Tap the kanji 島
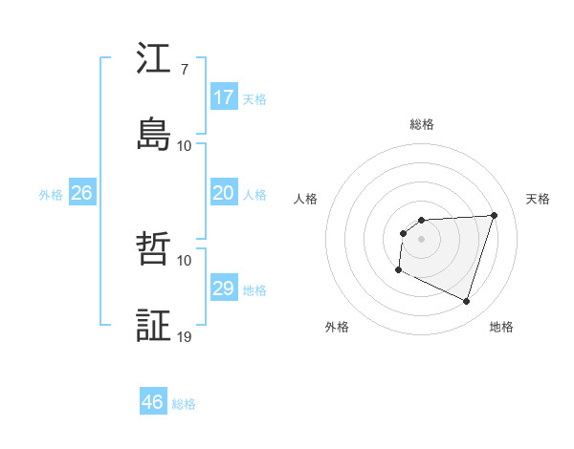[154, 135]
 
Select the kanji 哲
[154, 249]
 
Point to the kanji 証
[154, 326]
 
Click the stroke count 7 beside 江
[184, 69]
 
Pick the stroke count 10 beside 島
[184, 145]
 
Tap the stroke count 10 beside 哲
[184, 260]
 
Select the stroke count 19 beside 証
[184, 336]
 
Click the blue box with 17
[224, 97]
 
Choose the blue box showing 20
[224, 193]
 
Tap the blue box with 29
[224, 289]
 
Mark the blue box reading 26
[82, 193]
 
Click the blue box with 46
[153, 402]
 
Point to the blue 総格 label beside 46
[184, 404]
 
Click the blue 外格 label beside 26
[51, 195]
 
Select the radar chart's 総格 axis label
[421, 124]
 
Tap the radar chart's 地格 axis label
[501, 327]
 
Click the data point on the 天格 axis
[494, 215]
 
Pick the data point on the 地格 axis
[466, 302]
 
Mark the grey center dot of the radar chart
[421, 239]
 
